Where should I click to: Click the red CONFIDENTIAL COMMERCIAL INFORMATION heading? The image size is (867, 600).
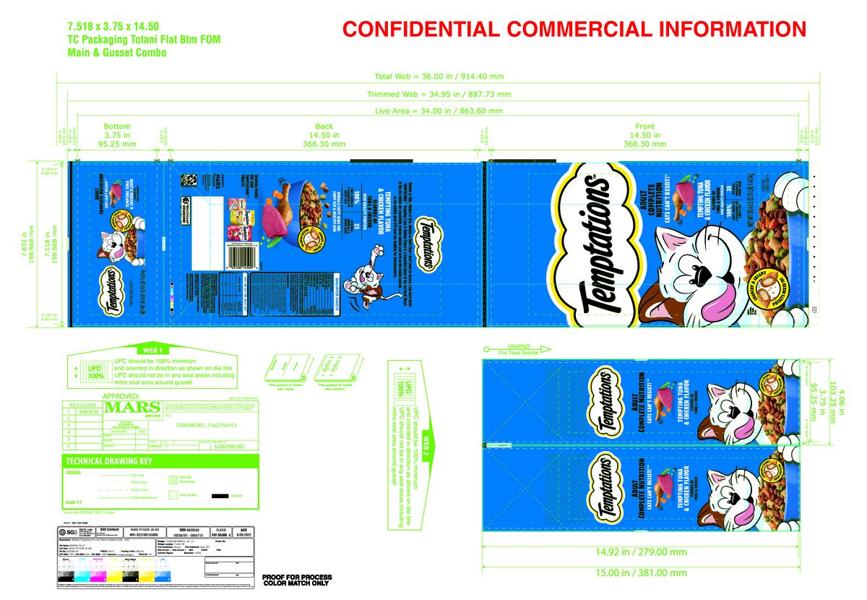click(574, 30)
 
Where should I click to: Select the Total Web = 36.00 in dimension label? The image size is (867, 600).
click(439, 76)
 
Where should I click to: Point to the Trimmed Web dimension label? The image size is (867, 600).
click(439, 95)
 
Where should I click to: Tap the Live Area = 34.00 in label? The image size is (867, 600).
click(439, 111)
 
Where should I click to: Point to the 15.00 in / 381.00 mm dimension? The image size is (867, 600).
click(651, 573)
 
